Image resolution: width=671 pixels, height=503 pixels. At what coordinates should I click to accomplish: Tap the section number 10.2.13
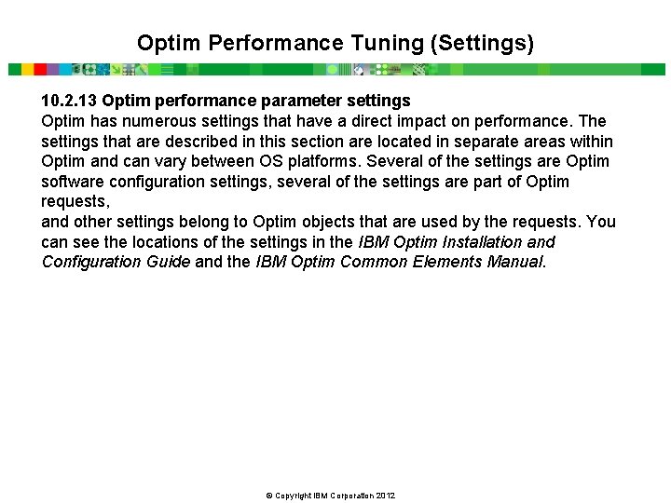[69, 100]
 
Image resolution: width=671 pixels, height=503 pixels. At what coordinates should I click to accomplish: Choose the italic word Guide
[169, 262]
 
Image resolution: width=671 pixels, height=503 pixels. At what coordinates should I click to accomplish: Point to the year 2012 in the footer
[386, 495]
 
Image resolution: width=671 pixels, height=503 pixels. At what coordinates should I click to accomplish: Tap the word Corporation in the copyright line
[348, 495]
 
